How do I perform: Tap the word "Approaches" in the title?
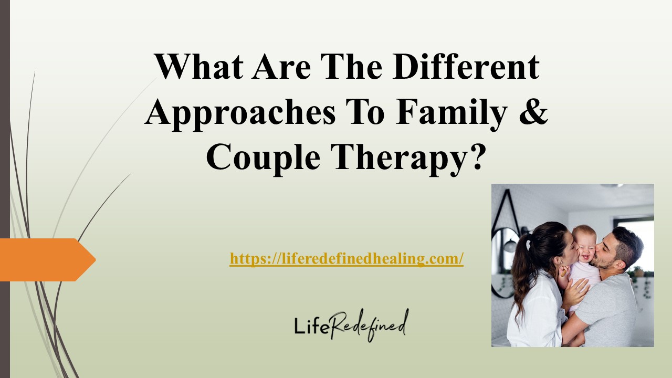(x=240, y=112)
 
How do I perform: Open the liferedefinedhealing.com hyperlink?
(x=346, y=259)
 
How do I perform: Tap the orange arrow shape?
(x=45, y=259)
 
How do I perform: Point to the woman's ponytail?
(x=523, y=273)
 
